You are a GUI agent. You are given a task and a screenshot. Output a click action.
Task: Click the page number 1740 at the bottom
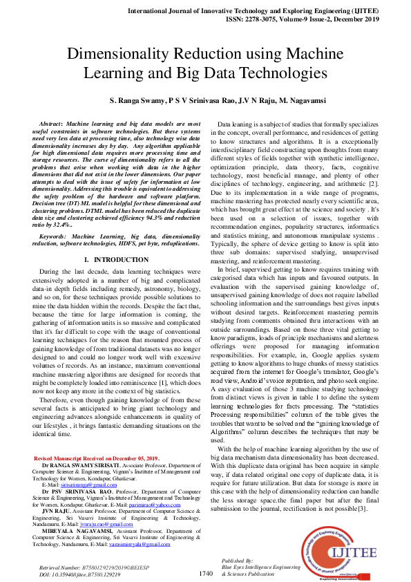tap(206, 573)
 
